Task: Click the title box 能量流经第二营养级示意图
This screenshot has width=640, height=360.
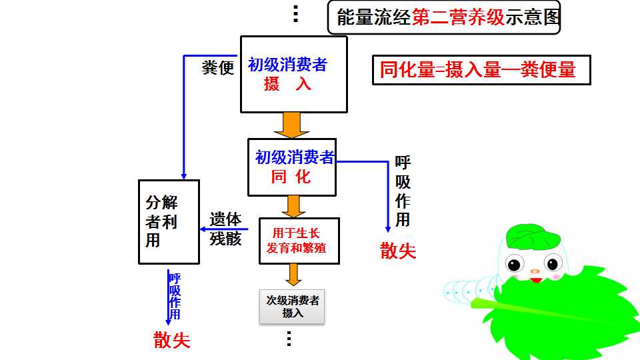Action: click(x=444, y=17)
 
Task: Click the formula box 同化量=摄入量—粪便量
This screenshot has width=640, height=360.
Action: click(x=481, y=70)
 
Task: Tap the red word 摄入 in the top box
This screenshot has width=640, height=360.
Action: click(x=287, y=84)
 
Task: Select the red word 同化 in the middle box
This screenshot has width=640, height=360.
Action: click(x=291, y=177)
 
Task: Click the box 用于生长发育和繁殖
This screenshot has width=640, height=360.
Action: click(x=299, y=241)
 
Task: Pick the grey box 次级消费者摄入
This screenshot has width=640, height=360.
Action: click(x=292, y=307)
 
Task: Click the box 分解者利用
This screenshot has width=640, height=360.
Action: click(x=169, y=222)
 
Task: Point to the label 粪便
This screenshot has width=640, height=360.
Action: click(x=218, y=68)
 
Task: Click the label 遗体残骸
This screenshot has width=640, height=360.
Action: click(x=226, y=229)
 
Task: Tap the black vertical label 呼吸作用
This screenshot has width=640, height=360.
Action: click(x=403, y=191)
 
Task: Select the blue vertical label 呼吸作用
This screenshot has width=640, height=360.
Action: click(x=175, y=296)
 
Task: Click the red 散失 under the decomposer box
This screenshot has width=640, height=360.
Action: click(x=172, y=340)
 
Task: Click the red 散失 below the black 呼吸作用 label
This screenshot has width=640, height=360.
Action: click(x=398, y=251)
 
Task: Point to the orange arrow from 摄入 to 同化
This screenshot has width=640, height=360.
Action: click(x=291, y=125)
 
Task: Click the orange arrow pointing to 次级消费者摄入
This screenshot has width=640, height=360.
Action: click(x=293, y=275)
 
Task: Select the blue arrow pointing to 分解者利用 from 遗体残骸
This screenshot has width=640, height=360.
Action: click(x=224, y=229)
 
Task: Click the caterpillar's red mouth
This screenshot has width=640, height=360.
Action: click(x=536, y=280)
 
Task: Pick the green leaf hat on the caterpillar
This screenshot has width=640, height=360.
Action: click(x=533, y=235)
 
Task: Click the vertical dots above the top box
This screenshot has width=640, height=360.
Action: click(x=296, y=14)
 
